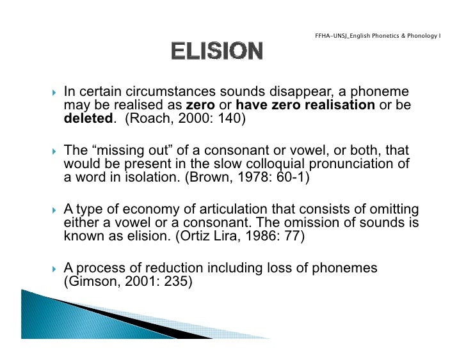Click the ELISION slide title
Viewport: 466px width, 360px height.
(216, 51)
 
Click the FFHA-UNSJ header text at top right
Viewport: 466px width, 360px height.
(378, 34)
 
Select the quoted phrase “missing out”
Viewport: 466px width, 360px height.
(124, 151)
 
